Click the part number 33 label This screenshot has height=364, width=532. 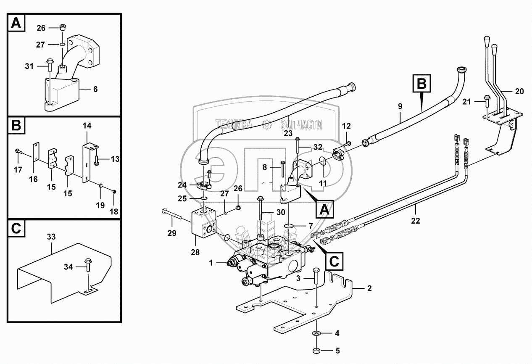pos(51,237)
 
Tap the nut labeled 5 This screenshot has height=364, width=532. pos(316,350)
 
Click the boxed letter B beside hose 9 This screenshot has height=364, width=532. pos(422,84)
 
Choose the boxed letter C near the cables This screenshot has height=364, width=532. pos(334,261)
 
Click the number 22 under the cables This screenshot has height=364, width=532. pos(415,221)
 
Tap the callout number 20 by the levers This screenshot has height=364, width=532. pos(519,91)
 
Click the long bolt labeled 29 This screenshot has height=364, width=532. pos(172,214)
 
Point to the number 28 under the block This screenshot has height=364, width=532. pos(195,252)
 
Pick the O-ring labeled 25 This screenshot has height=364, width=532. pos(204,198)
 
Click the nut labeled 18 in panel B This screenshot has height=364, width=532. pos(114,192)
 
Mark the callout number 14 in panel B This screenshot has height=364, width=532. pos(87,125)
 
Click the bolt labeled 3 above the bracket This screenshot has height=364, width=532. pos(316,276)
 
